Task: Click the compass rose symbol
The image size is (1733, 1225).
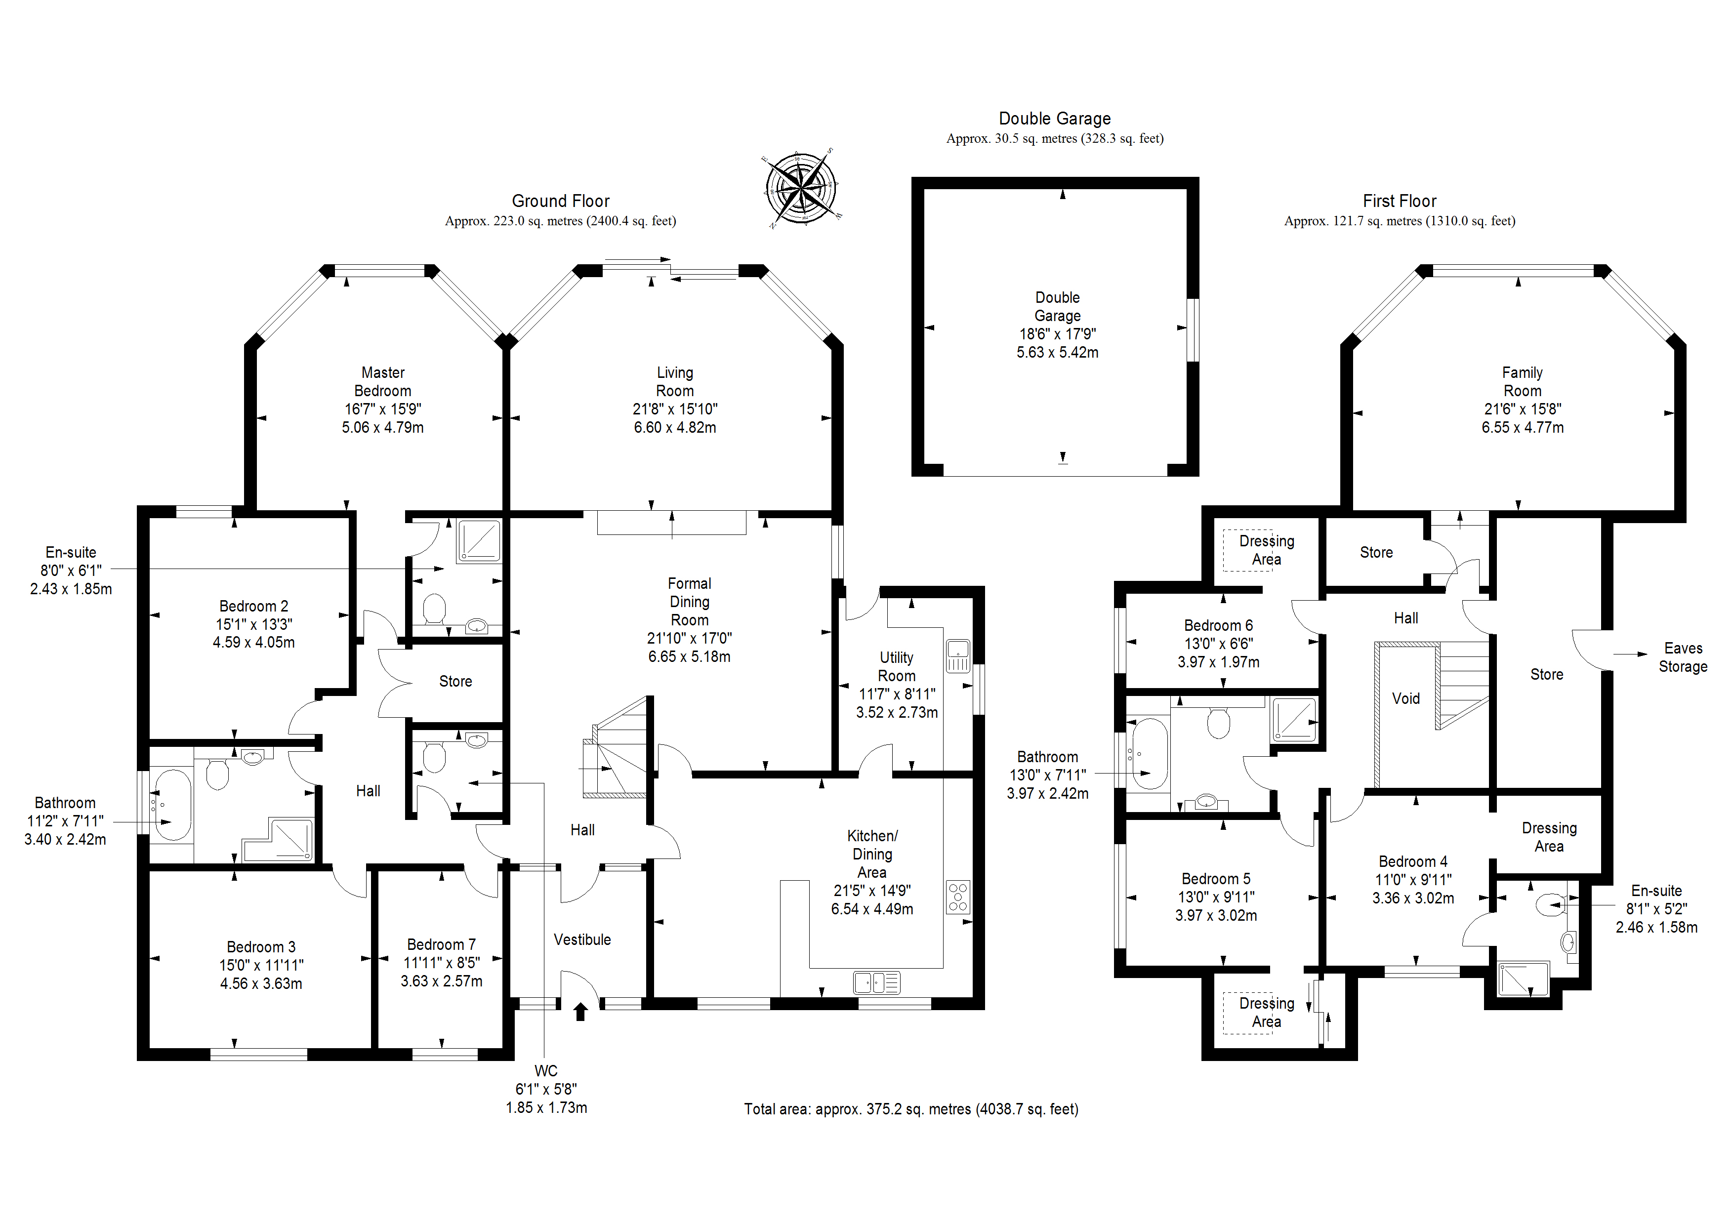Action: tap(801, 189)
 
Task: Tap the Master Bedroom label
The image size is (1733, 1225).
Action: tap(383, 382)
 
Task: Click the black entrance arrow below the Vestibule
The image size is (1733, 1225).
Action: tap(580, 1012)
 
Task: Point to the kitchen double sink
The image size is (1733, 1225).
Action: tap(876, 983)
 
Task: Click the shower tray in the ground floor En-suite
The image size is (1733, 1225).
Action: tap(479, 540)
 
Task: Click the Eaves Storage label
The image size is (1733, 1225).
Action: tap(1683, 657)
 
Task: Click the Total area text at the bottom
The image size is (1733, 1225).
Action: tap(911, 1109)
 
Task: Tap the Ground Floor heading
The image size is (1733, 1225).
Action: tap(560, 201)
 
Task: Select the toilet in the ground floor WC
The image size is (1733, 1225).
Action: tap(434, 757)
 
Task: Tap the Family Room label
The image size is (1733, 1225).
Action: tap(1522, 382)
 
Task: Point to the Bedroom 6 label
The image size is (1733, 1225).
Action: tap(1218, 626)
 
